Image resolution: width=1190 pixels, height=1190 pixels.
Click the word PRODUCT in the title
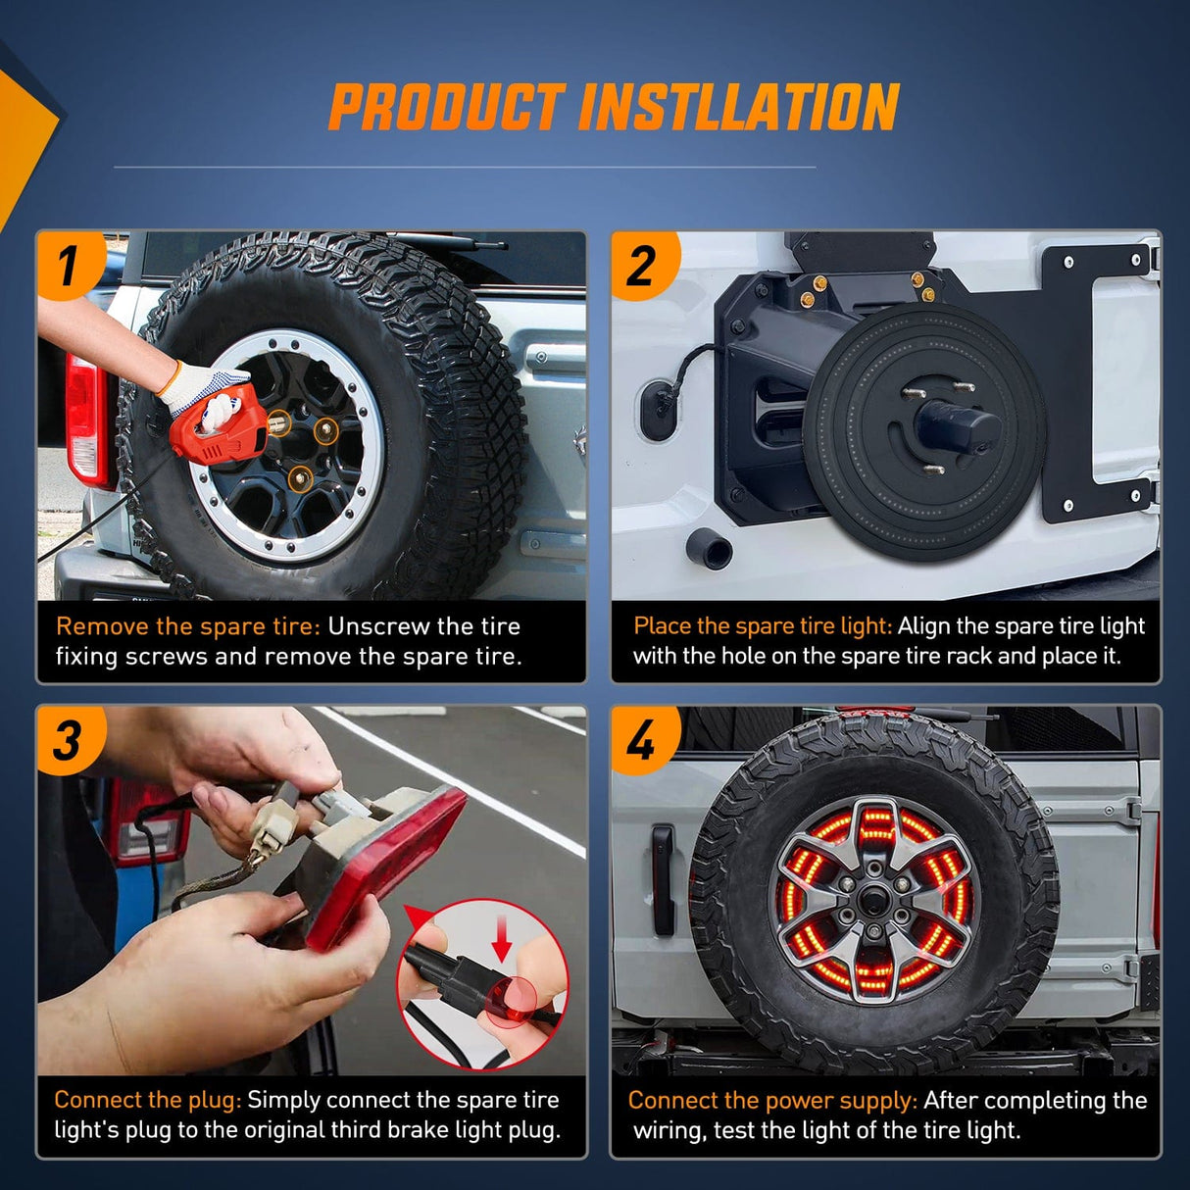coord(446,107)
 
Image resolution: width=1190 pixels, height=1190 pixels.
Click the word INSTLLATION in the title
coord(738,107)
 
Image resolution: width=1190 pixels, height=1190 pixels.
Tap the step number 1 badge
coord(71,266)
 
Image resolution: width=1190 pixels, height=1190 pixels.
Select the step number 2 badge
coord(644,266)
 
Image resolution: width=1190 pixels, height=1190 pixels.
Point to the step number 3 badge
coord(70,740)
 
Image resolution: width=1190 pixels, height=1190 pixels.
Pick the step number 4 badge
coord(644,740)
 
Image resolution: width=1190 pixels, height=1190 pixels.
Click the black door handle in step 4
coord(663,880)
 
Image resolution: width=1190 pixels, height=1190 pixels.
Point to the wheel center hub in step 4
coord(873,898)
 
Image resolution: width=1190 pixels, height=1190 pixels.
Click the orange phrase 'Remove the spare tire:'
coord(188,626)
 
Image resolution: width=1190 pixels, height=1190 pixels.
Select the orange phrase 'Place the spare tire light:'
coord(763,626)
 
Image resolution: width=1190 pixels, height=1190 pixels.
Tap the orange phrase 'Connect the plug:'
coord(148,1100)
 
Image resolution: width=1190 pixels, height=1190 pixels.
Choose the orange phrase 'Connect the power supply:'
coord(773,1100)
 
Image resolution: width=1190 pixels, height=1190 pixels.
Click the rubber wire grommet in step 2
coord(658,409)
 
